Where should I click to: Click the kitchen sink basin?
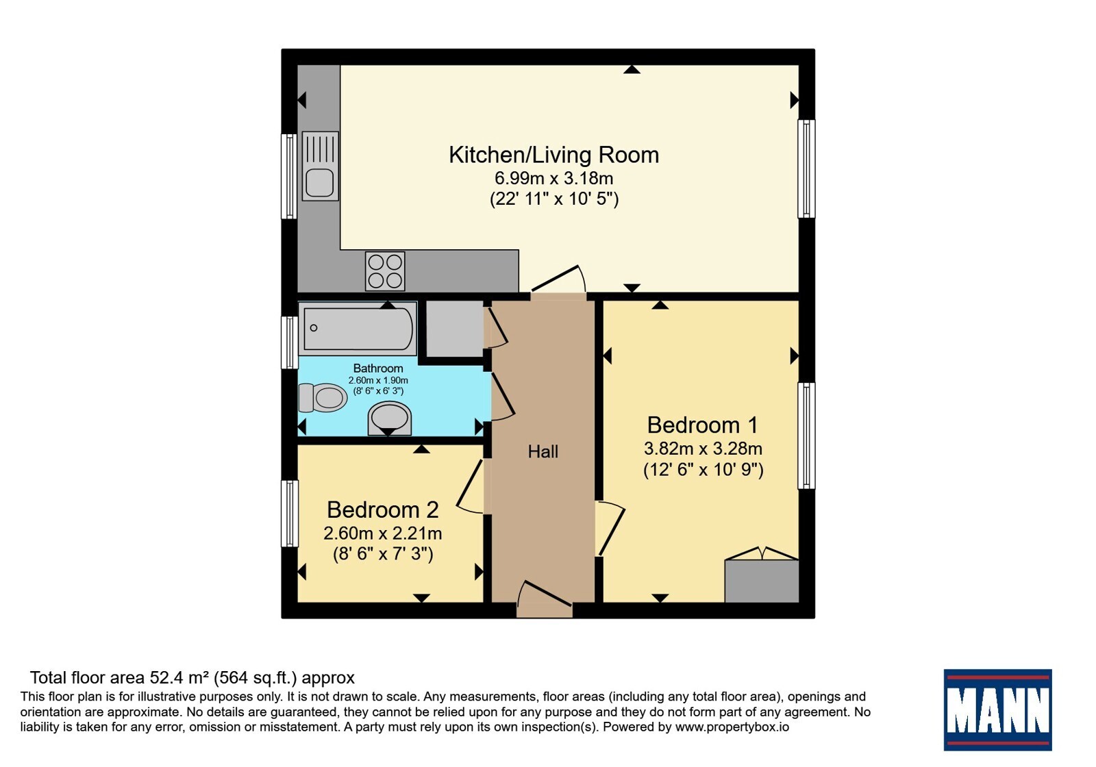click(x=319, y=182)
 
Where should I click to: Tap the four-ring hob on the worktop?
click(x=385, y=271)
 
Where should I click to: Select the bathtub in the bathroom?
click(x=358, y=328)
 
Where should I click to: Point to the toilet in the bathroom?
click(x=323, y=397)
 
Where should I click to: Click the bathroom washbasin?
click(x=390, y=418)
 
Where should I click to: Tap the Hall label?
click(x=543, y=451)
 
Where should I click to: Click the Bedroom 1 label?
click(x=703, y=425)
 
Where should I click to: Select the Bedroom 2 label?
click(x=383, y=510)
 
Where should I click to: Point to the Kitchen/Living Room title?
click(x=554, y=155)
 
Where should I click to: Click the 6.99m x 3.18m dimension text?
click(x=554, y=178)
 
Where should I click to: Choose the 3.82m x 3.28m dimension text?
click(x=703, y=448)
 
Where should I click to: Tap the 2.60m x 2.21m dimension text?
click(x=383, y=533)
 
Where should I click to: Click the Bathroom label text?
click(x=378, y=368)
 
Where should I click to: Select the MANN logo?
click(x=997, y=709)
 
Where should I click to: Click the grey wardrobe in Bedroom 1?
click(x=762, y=581)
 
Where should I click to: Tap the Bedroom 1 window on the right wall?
click(x=806, y=436)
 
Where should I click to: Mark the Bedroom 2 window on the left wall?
click(x=290, y=514)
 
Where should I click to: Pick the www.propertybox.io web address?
click(x=732, y=727)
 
